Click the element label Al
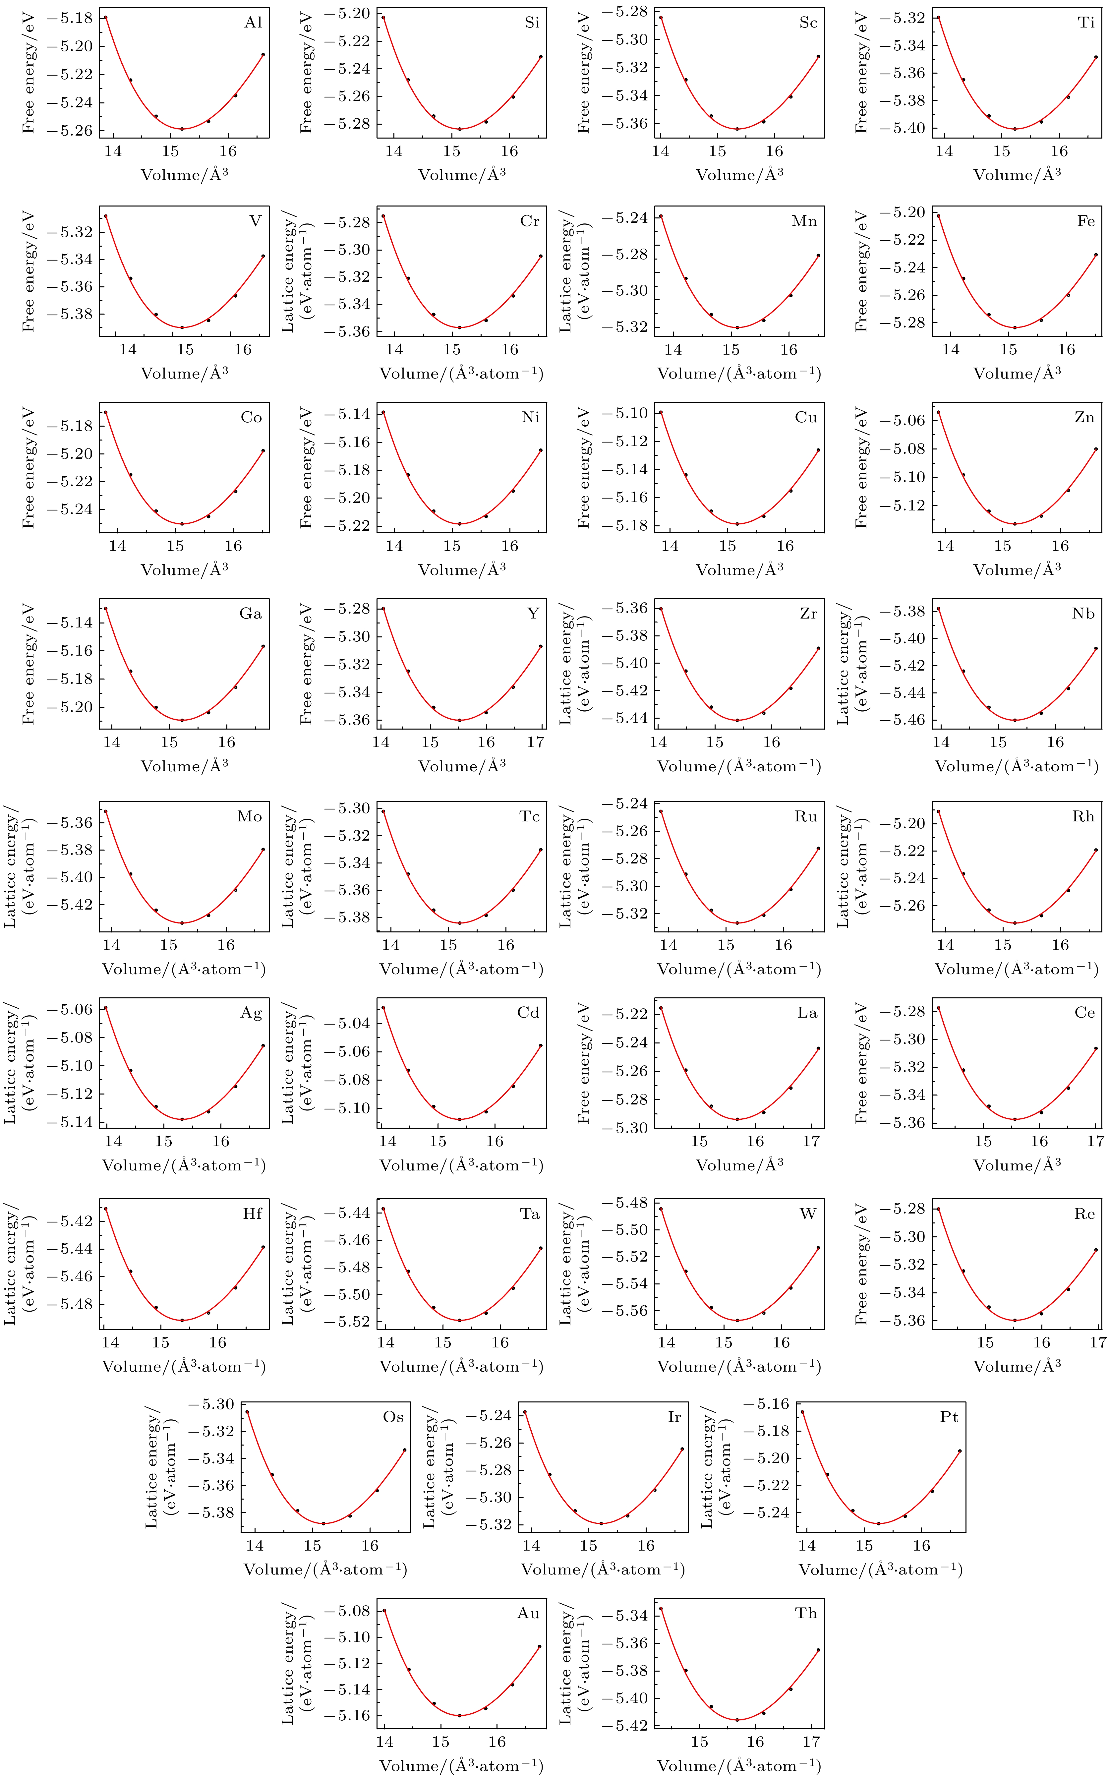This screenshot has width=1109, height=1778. coord(253,23)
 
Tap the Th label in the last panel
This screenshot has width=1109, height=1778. coord(806,1613)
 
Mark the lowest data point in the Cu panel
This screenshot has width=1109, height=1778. coord(737,524)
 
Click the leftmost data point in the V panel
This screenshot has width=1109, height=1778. coord(106,216)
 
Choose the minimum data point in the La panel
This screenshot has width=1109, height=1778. coord(737,1119)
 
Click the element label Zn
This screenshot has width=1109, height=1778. coord(1084,417)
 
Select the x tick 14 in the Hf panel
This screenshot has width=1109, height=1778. coord(110,1342)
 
